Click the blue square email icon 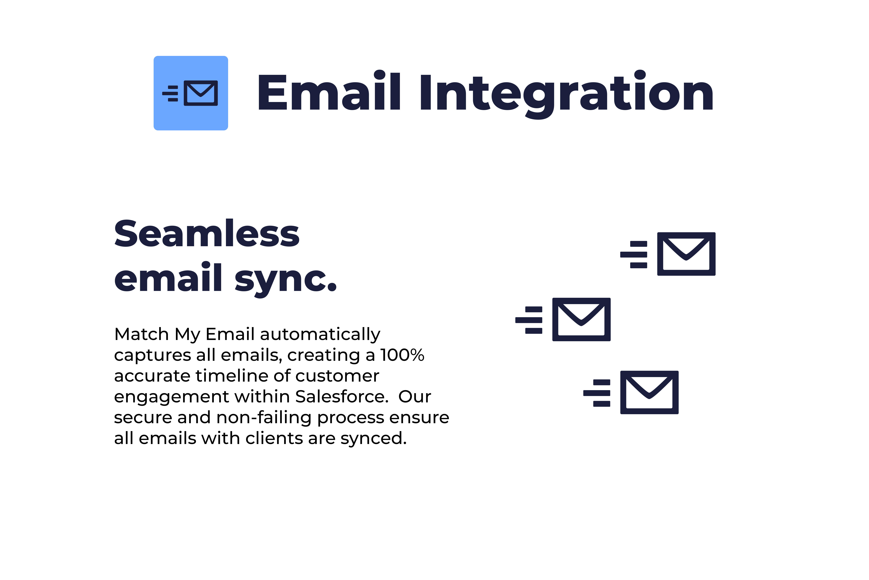click(191, 93)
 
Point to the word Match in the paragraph click(142, 334)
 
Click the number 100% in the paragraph click(402, 355)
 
